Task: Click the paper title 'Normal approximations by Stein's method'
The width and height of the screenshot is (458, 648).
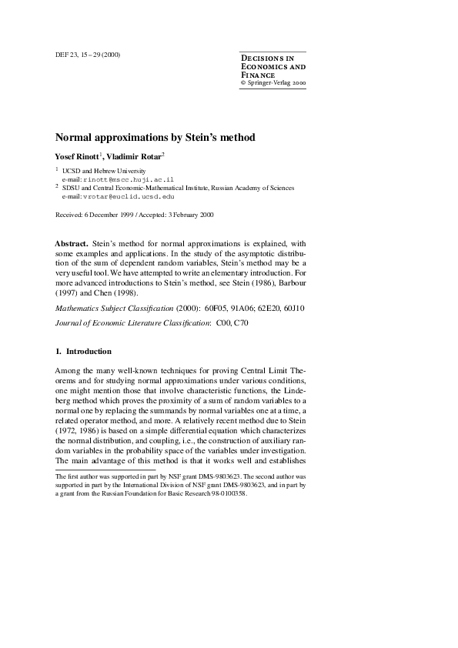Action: (155, 137)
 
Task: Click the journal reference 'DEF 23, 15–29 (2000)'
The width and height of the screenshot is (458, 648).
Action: (88, 55)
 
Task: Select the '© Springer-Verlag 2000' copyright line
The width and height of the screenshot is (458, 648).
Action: (273, 81)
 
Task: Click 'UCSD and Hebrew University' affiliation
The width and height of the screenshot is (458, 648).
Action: (103, 169)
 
